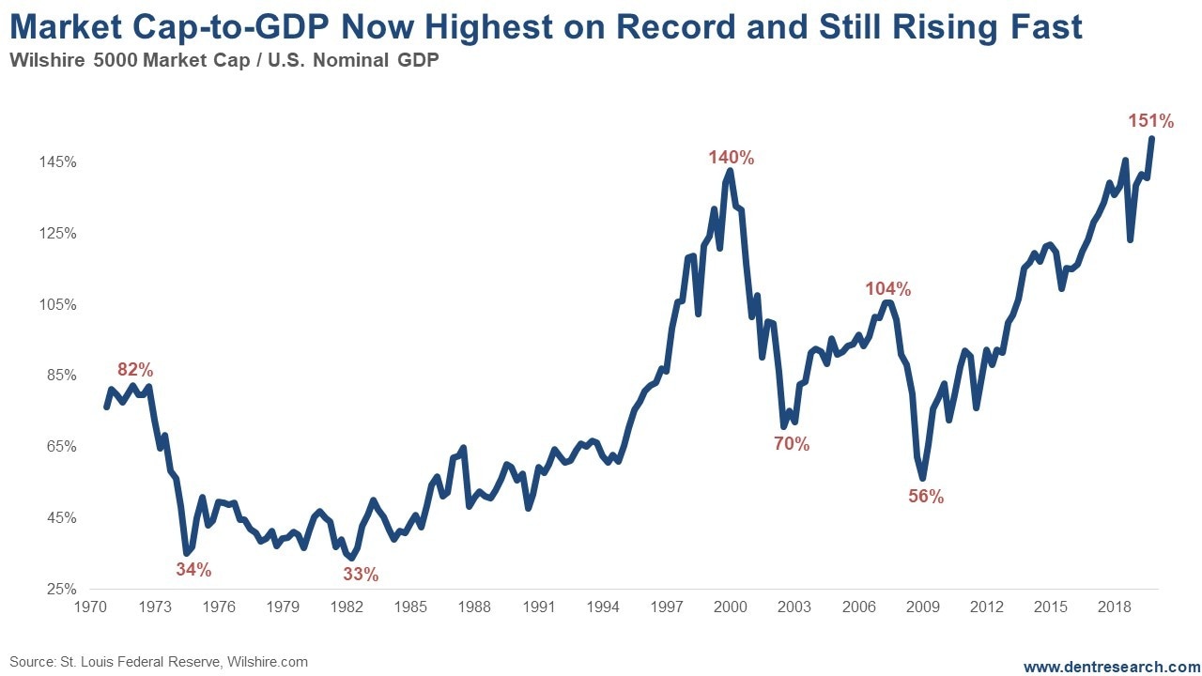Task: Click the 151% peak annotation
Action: tap(1150, 121)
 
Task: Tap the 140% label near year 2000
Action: tap(731, 158)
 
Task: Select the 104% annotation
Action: tap(887, 289)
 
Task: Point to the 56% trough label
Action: tap(925, 498)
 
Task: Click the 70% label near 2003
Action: tap(791, 444)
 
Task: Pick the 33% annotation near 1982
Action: tap(360, 574)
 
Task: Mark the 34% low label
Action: tap(193, 569)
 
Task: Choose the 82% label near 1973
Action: tap(135, 369)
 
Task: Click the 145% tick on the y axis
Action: tap(58, 162)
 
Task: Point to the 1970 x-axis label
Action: tap(90, 607)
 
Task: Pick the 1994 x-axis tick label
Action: tap(603, 607)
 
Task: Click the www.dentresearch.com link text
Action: tap(1111, 667)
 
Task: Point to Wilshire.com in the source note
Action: tap(268, 662)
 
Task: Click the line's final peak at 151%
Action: tap(1151, 139)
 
